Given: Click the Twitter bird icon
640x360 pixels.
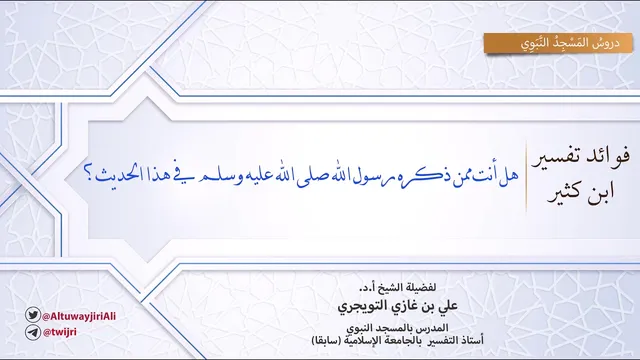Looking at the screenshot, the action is (x=33, y=315).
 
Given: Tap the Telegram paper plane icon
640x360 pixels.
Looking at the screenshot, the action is (x=33, y=332).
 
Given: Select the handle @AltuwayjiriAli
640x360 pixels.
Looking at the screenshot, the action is (x=79, y=316).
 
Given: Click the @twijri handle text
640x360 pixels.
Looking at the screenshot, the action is (x=60, y=332).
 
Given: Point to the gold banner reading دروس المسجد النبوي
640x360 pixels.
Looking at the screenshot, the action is (x=558, y=43).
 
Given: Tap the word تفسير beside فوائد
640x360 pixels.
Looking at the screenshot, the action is (x=557, y=158).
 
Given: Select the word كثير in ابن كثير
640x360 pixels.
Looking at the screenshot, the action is (x=570, y=193).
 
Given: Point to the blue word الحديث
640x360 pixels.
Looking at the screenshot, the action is (x=115, y=175).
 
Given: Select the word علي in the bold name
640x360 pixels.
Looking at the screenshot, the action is (x=448, y=306).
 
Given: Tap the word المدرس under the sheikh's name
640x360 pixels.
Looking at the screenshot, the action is (x=434, y=328).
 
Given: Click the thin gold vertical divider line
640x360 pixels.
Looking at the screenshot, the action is (x=526, y=177).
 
